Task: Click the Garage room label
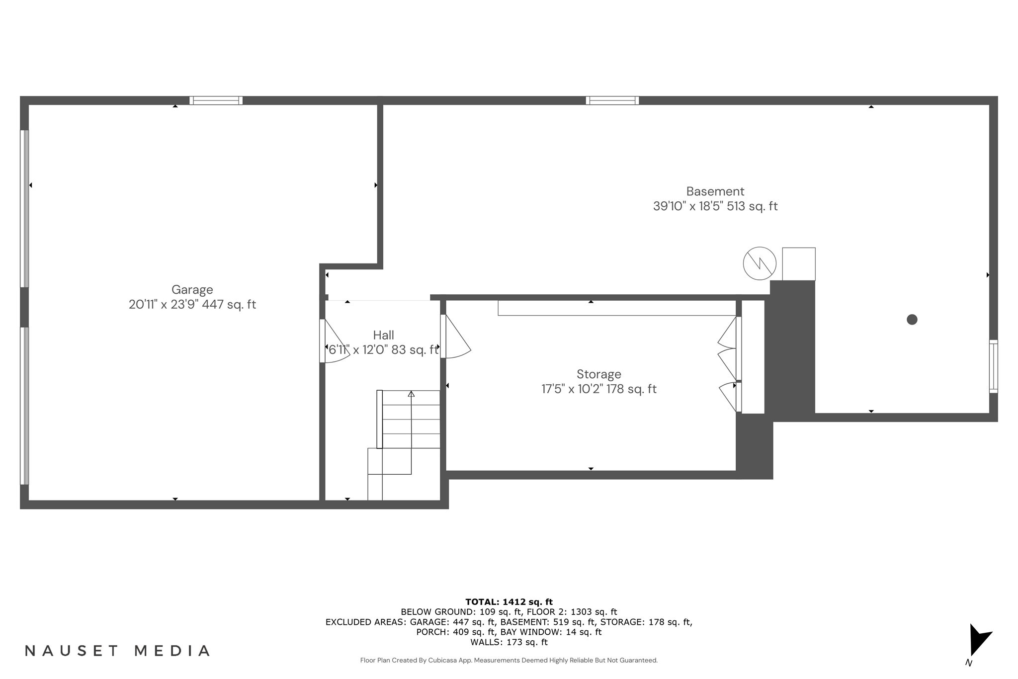[192, 290]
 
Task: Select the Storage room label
[598, 374]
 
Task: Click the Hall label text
[383, 335]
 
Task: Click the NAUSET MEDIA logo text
[117, 651]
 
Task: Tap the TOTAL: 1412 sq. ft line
[509, 602]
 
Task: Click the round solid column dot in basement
[912, 320]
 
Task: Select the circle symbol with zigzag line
[760, 263]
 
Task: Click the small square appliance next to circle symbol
[798, 264]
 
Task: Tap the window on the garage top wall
[216, 100]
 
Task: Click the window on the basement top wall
[612, 100]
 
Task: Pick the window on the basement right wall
[993, 366]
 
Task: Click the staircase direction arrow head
[411, 394]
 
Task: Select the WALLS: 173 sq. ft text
[509, 642]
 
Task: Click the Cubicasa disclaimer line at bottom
[509, 661]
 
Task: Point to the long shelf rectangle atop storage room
[616, 308]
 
